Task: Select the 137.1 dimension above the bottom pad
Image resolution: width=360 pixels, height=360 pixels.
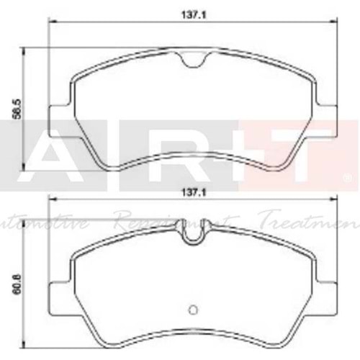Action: (189, 192)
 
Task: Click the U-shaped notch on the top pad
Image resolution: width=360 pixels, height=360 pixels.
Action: (193, 66)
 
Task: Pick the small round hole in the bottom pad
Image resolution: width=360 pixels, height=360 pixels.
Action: (192, 310)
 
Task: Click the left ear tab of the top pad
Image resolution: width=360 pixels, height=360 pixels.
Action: (59, 120)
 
